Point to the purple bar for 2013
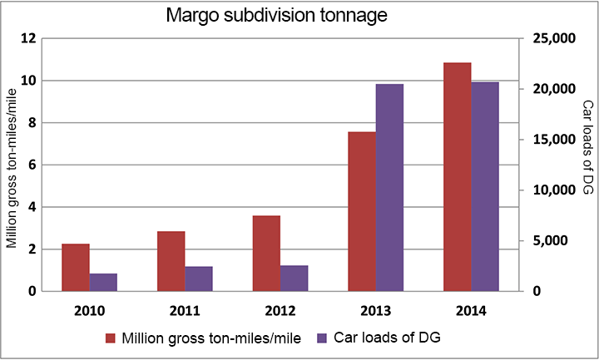click(x=389, y=188)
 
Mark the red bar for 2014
click(x=457, y=177)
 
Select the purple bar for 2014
click(x=484, y=187)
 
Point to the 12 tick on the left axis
click(x=29, y=39)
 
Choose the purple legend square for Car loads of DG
click(x=323, y=338)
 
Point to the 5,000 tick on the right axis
click(x=549, y=241)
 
